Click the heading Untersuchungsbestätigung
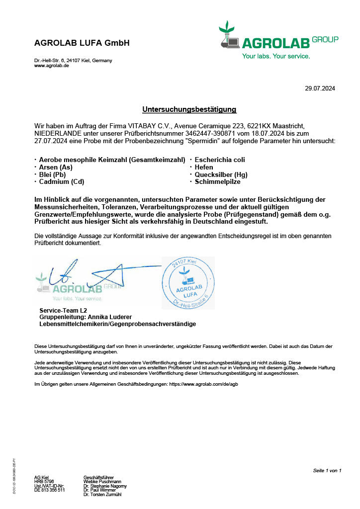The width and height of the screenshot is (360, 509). pyautogui.click(x=189, y=109)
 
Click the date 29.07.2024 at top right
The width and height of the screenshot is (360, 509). pyautogui.click(x=320, y=88)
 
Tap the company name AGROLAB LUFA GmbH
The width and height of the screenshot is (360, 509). pyautogui.click(x=82, y=43)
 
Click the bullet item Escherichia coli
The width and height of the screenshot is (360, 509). pyautogui.click(x=220, y=160)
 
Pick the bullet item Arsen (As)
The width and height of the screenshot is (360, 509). pyautogui.click(x=56, y=168)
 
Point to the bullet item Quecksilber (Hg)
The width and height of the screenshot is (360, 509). pyautogui.click(x=221, y=174)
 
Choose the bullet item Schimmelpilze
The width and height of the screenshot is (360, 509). pyautogui.click(x=217, y=182)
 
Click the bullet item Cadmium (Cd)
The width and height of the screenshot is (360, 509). pyautogui.click(x=62, y=182)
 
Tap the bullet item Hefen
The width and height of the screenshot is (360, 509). pyautogui.click(x=204, y=168)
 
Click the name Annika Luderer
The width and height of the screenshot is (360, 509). pyautogui.click(x=109, y=317)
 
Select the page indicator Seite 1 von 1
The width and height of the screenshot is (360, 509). pyautogui.click(x=327, y=470)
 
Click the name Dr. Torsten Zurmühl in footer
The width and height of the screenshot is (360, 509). pyautogui.click(x=103, y=495)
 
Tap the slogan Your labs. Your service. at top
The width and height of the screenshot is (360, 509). pyautogui.click(x=276, y=56)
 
